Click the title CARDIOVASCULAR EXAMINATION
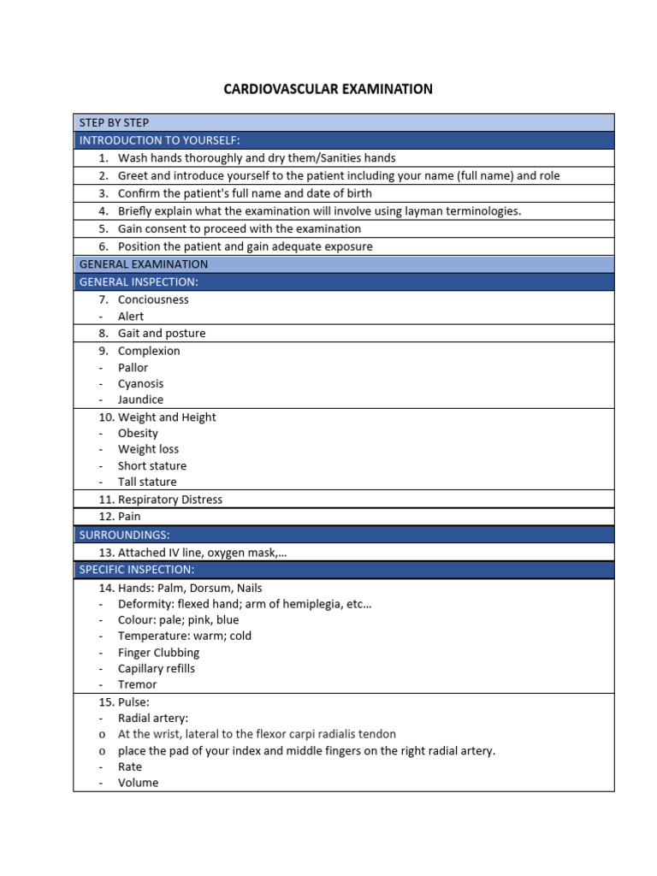328,89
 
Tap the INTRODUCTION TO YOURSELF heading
159,139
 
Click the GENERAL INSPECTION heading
139,281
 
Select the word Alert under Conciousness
131,316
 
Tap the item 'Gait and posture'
162,333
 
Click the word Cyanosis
140,383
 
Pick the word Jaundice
140,400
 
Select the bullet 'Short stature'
151,465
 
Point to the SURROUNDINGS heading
124,534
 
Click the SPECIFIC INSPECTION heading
137,569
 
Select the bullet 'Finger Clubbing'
158,652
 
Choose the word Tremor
137,684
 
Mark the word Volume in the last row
138,782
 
